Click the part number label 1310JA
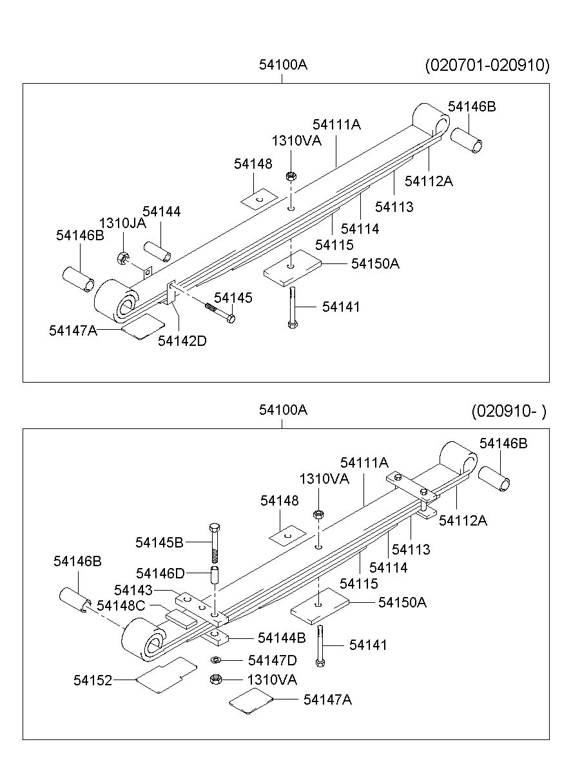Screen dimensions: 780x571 click(x=122, y=224)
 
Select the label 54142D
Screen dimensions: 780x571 click(x=182, y=341)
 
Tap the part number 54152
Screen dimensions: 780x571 click(x=93, y=680)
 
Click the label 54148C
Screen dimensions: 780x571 click(x=121, y=605)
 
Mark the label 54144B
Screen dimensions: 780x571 click(x=282, y=638)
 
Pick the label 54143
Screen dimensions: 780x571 click(x=133, y=589)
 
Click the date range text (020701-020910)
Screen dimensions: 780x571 click(x=487, y=65)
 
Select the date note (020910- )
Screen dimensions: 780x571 click(x=508, y=411)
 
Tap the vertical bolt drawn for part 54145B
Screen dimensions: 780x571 click(x=215, y=542)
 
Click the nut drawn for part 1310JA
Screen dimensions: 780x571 click(x=122, y=258)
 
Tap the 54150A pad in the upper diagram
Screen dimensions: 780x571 click(x=292, y=266)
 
